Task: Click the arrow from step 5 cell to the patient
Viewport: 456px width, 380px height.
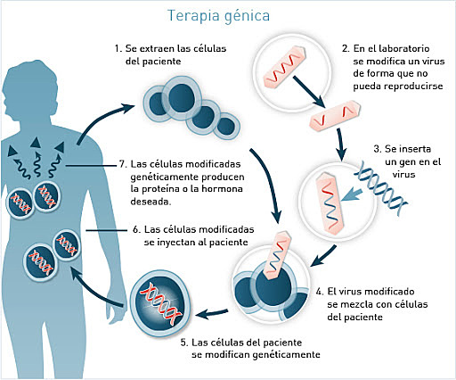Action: coord(98,284)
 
